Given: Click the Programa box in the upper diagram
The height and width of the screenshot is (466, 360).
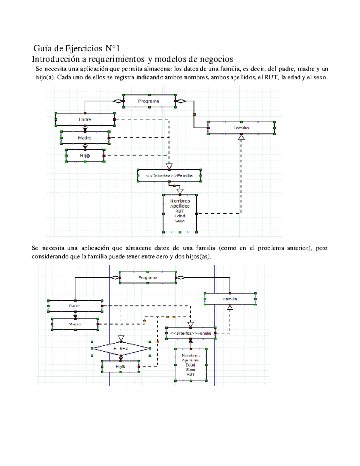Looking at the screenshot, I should (149, 101).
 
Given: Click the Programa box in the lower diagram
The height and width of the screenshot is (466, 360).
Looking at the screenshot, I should (148, 278).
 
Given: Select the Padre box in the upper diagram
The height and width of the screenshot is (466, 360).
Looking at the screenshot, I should (85, 119).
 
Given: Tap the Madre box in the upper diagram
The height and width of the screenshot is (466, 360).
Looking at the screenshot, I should (85, 138).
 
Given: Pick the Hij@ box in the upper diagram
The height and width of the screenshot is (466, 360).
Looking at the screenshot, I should (85, 156).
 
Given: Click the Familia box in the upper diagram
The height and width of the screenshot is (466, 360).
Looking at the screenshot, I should (241, 128).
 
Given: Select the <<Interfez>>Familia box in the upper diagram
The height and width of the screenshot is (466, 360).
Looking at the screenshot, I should (169, 176).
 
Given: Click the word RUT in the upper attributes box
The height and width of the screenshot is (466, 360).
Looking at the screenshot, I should (180, 211).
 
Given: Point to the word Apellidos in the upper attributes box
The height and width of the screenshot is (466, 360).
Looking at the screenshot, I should (180, 206).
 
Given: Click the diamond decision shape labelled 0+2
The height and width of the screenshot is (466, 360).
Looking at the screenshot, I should (121, 348).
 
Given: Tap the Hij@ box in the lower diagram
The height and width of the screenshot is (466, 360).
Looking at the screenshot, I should (120, 367).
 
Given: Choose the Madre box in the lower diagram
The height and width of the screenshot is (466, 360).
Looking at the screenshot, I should (75, 324).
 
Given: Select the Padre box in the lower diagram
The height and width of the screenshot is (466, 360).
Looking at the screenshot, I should (75, 306).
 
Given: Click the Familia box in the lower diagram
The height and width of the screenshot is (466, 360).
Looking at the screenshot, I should (230, 299).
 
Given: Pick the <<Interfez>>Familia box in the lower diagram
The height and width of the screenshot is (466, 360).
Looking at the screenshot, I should (190, 333).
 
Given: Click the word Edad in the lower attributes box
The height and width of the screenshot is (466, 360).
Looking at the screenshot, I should (190, 365).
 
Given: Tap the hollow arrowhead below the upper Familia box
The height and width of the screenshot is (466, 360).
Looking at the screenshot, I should (241, 137).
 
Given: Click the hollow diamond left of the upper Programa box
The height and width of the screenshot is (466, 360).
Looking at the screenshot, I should (118, 101).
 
